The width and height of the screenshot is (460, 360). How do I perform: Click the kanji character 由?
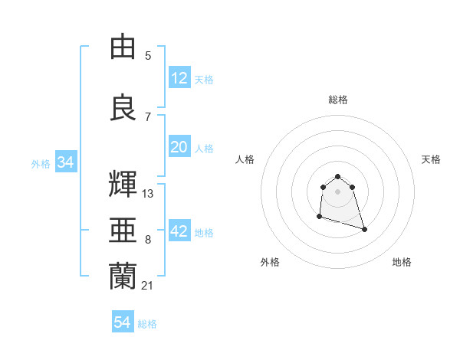point(123,47)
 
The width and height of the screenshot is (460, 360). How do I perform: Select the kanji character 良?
point(123,107)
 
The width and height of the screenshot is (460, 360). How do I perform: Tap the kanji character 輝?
point(123,185)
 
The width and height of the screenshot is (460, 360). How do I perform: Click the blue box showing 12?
point(179,79)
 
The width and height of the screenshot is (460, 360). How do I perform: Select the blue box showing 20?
point(179,148)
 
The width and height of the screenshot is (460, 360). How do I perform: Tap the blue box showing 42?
point(179,232)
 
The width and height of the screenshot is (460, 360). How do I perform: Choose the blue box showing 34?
point(65,163)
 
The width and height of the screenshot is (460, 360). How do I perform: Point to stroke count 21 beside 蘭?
point(148,286)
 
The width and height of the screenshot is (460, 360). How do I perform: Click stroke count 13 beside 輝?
point(148,194)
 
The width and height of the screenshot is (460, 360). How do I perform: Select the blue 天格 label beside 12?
point(204,80)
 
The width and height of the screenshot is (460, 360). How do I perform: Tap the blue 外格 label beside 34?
point(41,164)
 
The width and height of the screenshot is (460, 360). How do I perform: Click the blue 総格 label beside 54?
point(147,324)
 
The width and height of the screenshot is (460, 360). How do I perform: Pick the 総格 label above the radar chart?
point(338,100)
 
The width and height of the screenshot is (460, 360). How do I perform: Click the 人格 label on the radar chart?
point(245,159)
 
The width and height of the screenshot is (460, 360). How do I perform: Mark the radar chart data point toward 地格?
point(364,230)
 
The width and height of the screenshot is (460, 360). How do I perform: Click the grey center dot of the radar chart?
point(337,191)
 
